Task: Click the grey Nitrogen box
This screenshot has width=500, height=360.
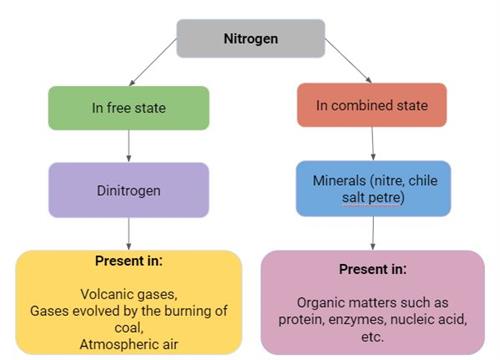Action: click(251, 39)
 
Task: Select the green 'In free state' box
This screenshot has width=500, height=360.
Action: click(128, 108)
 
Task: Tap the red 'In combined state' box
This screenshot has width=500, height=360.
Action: click(370, 105)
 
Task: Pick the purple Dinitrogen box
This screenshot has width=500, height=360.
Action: click(128, 190)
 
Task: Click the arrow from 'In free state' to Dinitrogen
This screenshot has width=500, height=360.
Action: click(128, 146)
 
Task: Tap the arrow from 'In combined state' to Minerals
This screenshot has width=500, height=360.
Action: click(372, 146)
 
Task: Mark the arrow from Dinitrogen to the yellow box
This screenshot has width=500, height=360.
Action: click(128, 232)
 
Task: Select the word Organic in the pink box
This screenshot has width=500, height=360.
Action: click(326, 302)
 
